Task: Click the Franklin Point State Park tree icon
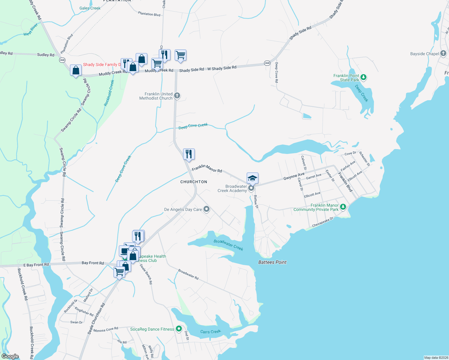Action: tap(363, 77)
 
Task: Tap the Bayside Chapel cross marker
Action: tap(443, 54)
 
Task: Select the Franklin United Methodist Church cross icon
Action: tap(177, 96)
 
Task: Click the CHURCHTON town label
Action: tap(194, 182)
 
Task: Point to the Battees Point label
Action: tap(272, 262)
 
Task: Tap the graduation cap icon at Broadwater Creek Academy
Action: tap(252, 178)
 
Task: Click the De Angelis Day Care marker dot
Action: tap(206, 209)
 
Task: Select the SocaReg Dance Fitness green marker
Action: tap(179, 329)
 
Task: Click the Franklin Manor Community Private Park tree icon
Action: tap(343, 207)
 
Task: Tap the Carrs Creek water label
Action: tap(210, 331)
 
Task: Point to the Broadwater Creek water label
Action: tap(228, 245)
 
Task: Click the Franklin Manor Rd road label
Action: tap(207, 168)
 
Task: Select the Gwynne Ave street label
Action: tap(294, 176)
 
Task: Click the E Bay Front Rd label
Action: tap(36, 265)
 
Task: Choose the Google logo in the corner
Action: tap(10, 356)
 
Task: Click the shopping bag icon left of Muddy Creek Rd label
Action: tap(76, 70)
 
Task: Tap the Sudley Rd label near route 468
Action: tap(46, 55)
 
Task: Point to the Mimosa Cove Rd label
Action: tap(106, 329)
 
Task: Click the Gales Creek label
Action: tap(90, 8)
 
